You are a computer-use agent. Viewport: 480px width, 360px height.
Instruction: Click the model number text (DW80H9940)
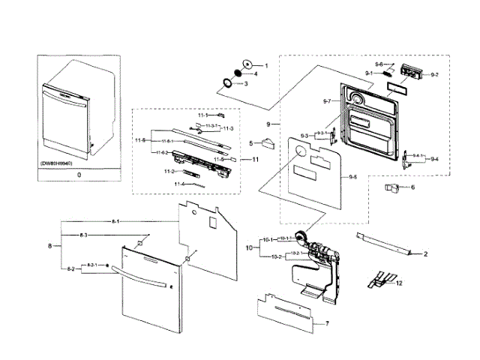coord(66,162)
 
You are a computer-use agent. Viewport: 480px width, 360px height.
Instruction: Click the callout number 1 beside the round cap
coord(264,66)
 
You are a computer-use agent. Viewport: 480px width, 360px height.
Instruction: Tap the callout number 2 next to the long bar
coord(424,255)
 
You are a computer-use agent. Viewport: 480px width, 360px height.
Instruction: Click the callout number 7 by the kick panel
coord(327,323)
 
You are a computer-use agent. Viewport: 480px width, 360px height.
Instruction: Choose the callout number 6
coord(412,187)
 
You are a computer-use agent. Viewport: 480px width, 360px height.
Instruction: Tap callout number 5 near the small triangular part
coord(250,142)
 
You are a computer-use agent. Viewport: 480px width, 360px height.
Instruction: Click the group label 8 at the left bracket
coord(50,245)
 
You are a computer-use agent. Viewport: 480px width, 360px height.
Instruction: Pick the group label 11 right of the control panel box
coord(255,159)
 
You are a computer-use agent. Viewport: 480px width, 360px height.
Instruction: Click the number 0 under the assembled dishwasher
coord(68,173)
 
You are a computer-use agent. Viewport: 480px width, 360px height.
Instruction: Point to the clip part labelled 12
coord(378,280)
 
